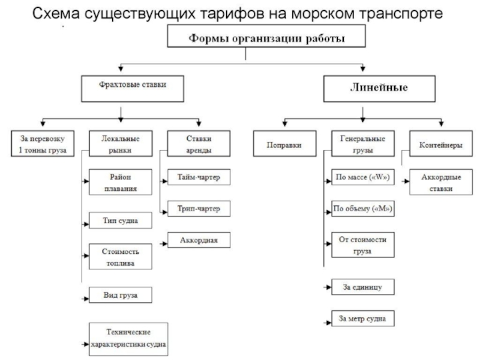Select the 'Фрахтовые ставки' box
pos(132,86)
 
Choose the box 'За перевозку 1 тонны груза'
pos(43,144)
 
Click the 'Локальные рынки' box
pos(119,144)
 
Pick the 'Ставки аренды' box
pos(199,144)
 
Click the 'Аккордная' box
pos(197,241)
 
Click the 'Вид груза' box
pos(120,295)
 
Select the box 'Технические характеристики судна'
pos(128,339)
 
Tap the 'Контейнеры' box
pos(440,145)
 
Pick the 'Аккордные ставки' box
pos(440,183)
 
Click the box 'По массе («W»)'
pos(362,178)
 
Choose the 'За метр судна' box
pos(362,317)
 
